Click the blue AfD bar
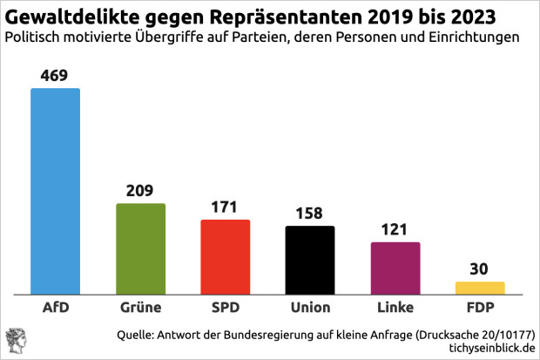(x=56, y=192)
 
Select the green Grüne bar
(x=140, y=249)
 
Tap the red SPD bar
(x=226, y=257)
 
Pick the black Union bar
(x=310, y=261)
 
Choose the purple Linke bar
(x=395, y=268)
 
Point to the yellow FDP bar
(x=480, y=288)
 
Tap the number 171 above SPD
(x=226, y=208)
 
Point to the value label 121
(x=395, y=230)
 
